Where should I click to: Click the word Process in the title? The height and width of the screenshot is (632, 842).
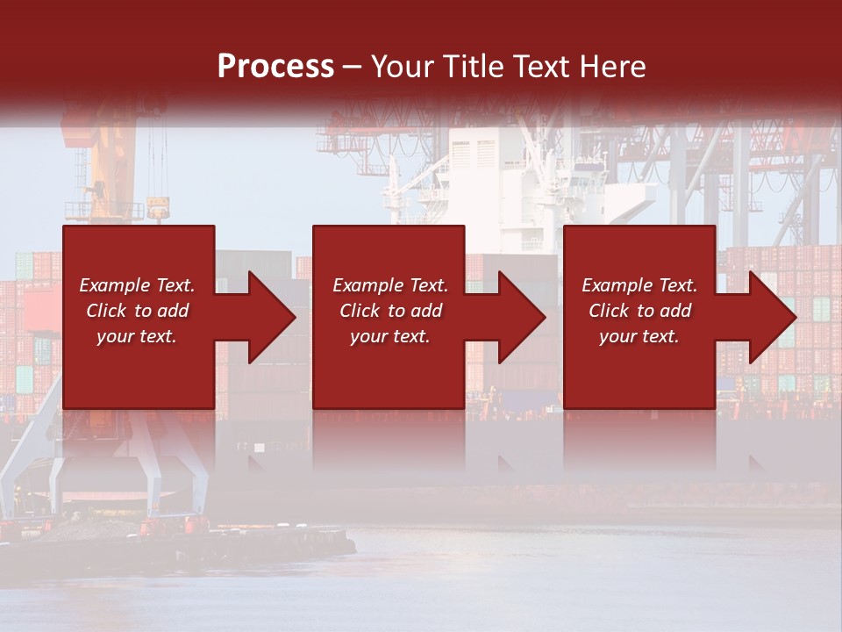click(x=275, y=67)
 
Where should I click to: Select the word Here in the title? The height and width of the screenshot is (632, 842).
click(x=612, y=67)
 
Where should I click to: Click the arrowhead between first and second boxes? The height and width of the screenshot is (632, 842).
click(x=272, y=317)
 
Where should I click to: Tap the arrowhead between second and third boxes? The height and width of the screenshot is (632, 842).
click(x=522, y=317)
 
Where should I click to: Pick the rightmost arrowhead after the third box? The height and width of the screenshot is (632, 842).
click(x=773, y=317)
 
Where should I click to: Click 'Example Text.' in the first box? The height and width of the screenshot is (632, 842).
click(x=137, y=285)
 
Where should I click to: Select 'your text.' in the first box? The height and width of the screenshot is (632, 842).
click(x=137, y=336)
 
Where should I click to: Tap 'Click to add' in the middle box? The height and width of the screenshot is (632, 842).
click(x=390, y=311)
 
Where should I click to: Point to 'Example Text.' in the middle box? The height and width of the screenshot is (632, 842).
click(x=390, y=285)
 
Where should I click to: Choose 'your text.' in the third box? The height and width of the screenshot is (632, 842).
click(x=639, y=336)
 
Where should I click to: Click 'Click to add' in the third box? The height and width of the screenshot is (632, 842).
click(x=639, y=311)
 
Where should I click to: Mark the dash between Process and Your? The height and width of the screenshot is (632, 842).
click(x=352, y=67)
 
